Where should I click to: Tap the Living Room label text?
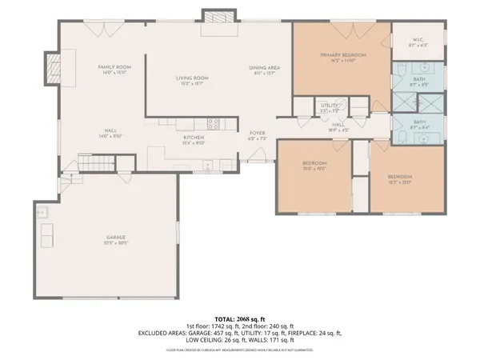[192, 78]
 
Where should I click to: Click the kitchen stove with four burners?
[214, 123]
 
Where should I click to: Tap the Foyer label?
[258, 133]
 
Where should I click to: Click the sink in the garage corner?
[42, 213]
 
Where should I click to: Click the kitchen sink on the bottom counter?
[206, 168]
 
